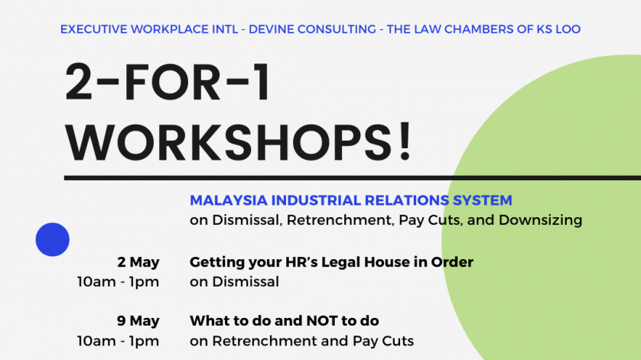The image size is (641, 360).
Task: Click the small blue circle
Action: coord(52,239)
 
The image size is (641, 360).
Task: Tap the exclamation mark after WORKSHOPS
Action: coord(405,140)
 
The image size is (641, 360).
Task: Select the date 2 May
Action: coord(138,262)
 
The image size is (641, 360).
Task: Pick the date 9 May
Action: coord(138,321)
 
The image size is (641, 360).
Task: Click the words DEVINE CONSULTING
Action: coord(312,29)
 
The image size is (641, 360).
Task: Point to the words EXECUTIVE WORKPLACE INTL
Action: coord(149,29)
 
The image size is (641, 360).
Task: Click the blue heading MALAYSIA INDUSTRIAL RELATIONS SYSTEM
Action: coord(351,200)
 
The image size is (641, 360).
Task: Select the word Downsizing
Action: coord(541,220)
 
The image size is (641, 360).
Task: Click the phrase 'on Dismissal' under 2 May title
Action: coord(234,282)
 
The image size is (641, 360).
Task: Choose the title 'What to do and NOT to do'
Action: coord(284,321)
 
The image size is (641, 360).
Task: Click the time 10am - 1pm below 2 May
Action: coord(118,282)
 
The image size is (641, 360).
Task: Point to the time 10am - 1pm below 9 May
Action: coord(118,341)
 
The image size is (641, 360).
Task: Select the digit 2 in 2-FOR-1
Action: coord(79,82)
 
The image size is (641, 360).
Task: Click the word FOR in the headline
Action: coord(171,82)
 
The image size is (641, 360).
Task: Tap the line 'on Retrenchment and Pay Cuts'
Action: coord(301,341)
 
